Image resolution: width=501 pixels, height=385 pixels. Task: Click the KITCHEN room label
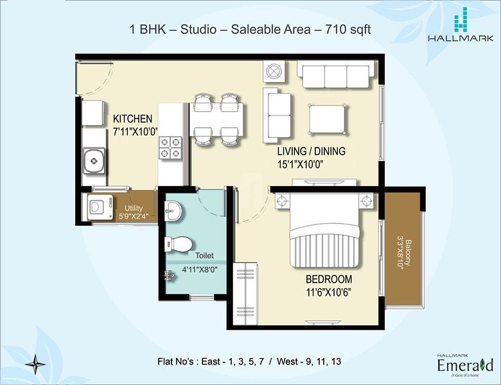pyautogui.click(x=132, y=119)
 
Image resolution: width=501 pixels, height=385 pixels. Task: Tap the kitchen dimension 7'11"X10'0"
pyautogui.click(x=136, y=132)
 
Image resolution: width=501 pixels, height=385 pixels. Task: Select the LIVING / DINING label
pyautogui.click(x=312, y=151)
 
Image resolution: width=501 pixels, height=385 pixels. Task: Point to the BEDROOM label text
pyautogui.click(x=329, y=279)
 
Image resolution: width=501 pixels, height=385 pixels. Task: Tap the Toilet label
pyautogui.click(x=204, y=256)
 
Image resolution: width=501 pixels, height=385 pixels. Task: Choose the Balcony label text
pyautogui.click(x=408, y=253)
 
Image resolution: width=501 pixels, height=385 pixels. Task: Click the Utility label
pyautogui.click(x=134, y=209)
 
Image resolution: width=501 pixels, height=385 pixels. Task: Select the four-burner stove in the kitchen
pyautogui.click(x=171, y=148)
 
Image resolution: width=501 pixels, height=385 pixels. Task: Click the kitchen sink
pyautogui.click(x=94, y=161)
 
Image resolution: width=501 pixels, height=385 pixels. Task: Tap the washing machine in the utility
pyautogui.click(x=100, y=207)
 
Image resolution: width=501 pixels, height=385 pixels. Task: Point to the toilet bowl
pyautogui.click(x=179, y=244)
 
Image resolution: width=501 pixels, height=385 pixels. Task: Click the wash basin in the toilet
pyautogui.click(x=173, y=210)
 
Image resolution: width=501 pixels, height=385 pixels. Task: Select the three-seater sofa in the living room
pyautogui.click(x=335, y=74)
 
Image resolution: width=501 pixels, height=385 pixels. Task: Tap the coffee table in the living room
pyautogui.click(x=327, y=120)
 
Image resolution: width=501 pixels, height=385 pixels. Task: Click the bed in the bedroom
pyautogui.click(x=324, y=231)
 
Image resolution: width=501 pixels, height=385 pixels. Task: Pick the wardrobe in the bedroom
pyautogui.click(x=245, y=294)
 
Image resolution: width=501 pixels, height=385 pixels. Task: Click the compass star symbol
pyautogui.click(x=35, y=364)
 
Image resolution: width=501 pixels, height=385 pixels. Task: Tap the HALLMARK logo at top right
pyautogui.click(x=461, y=24)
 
